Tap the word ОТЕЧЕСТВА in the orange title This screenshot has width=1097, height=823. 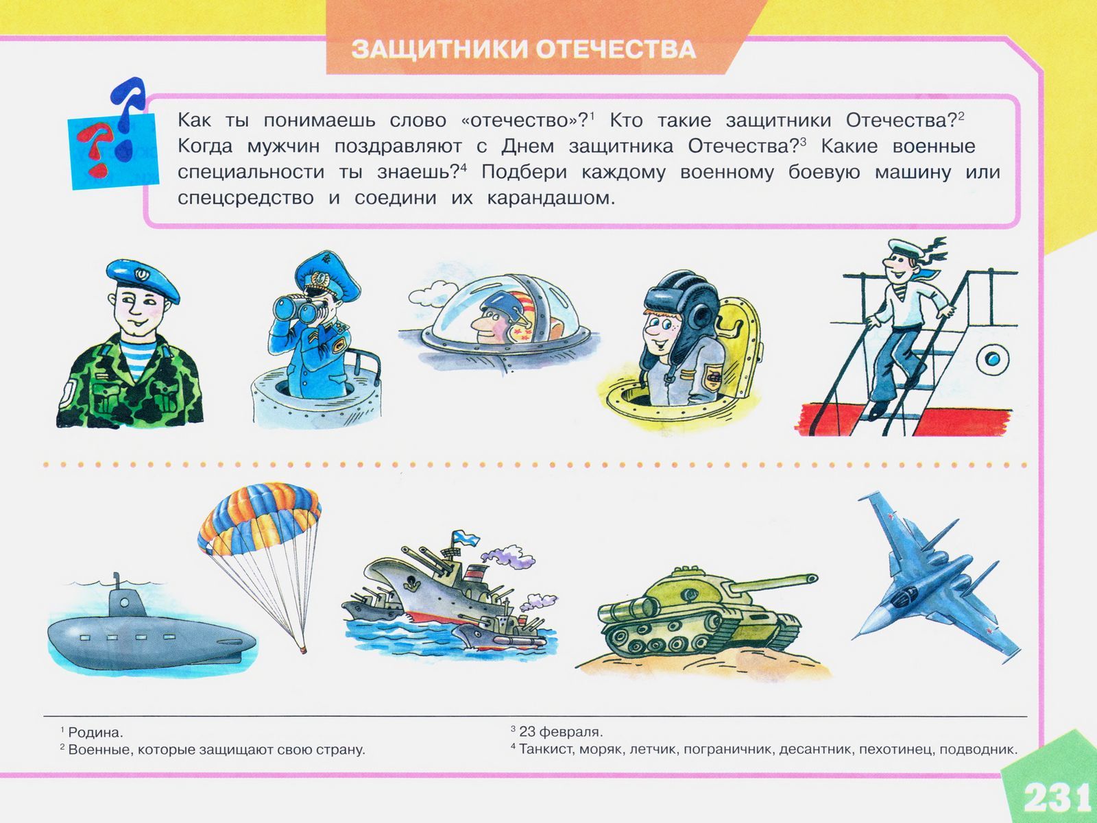click(616, 49)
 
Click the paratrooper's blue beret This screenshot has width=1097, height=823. click(143, 280)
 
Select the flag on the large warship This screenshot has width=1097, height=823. click(466, 539)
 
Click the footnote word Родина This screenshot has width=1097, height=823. click(95, 733)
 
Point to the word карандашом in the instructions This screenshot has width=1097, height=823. click(551, 198)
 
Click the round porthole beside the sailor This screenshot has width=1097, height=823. click(993, 358)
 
